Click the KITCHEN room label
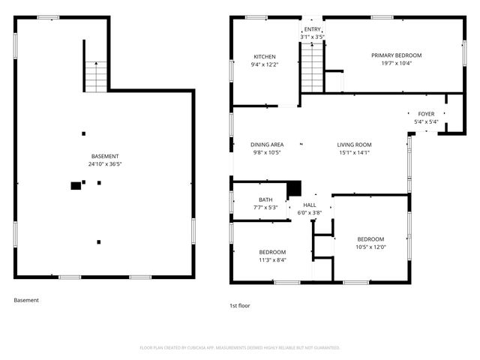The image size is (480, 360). point(265,57)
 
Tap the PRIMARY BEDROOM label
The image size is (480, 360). point(397,55)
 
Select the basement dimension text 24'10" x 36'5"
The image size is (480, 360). point(104,163)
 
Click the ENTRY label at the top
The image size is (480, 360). point(312,29)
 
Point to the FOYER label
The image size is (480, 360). point(426,115)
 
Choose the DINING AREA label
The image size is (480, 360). point(266,145)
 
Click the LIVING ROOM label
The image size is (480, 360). point(354,145)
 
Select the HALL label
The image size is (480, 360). point(310,205)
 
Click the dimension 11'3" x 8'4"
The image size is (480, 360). point(272,259)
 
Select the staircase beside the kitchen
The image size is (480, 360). point(312,67)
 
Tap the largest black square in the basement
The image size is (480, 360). point(75,185)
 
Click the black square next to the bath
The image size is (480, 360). point(294,188)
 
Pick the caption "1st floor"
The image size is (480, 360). point(240,306)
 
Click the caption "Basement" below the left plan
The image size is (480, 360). point(26,300)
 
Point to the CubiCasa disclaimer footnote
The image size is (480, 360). point(240,347)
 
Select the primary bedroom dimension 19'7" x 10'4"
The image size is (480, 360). point(397,63)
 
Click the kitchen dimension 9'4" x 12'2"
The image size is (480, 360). point(265,64)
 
